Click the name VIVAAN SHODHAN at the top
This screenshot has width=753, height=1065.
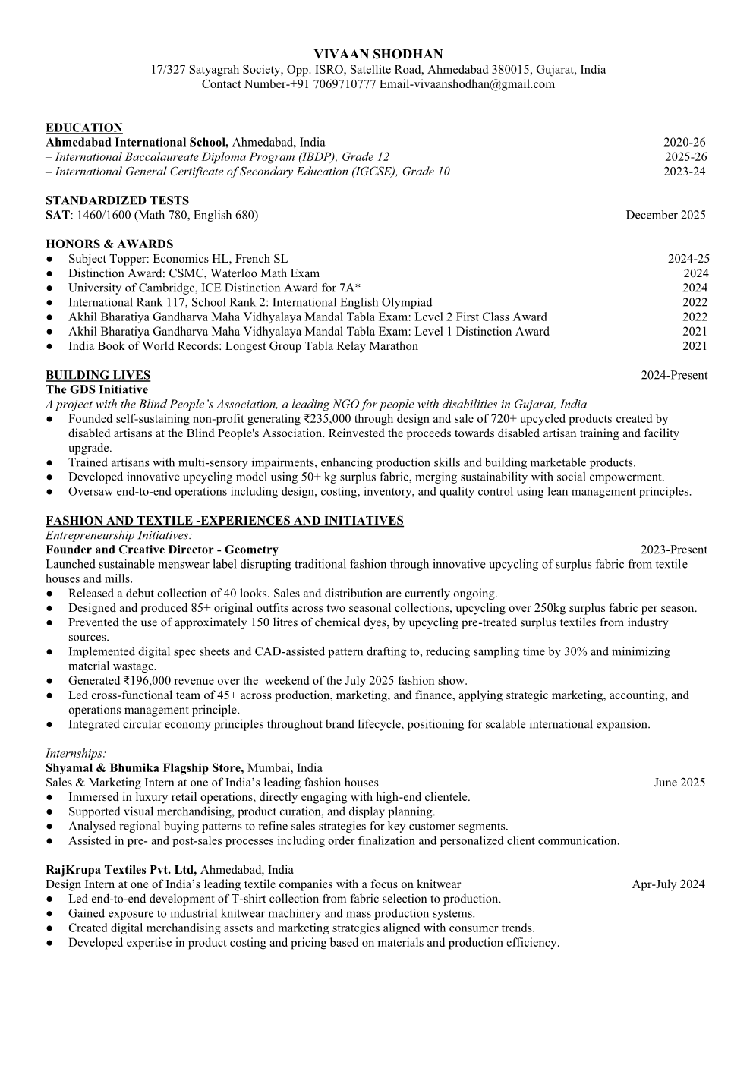coord(377,55)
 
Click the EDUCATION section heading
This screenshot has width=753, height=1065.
coord(83,128)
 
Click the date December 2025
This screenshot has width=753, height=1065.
coord(665,215)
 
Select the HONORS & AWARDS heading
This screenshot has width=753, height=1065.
coord(109,244)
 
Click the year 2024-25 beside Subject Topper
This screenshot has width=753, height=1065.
coord(688,259)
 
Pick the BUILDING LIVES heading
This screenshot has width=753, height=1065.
coord(98,375)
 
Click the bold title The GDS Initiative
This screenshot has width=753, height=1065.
coord(96,389)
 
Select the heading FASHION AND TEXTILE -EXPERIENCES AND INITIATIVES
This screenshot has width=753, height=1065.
coord(224,521)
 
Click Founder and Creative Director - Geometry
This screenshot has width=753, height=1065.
coord(162,550)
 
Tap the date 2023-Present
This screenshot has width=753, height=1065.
coord(673,550)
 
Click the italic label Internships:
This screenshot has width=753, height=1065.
coord(76,753)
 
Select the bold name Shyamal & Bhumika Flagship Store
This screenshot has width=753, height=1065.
coord(144,767)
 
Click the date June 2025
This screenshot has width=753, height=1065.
coord(679,783)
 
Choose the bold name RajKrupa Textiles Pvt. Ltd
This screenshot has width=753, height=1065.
coord(121,870)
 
